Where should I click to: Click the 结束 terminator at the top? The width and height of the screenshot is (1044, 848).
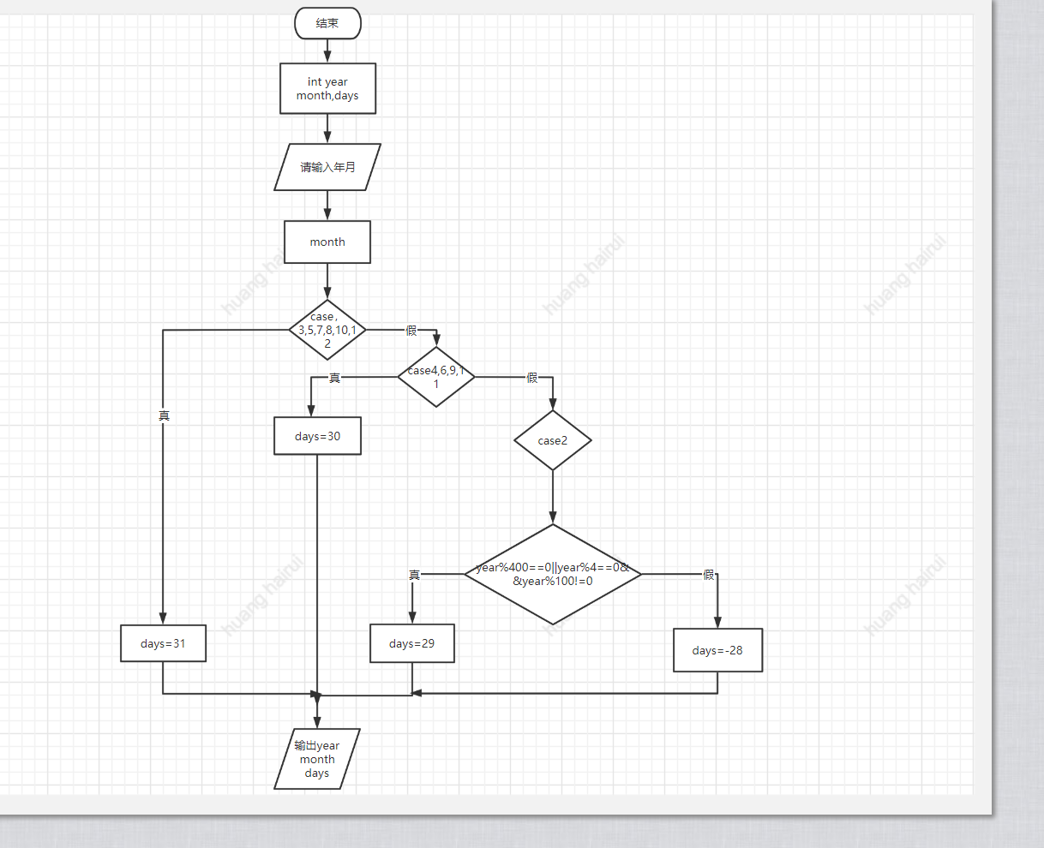tap(327, 23)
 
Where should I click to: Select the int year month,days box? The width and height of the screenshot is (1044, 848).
tap(327, 88)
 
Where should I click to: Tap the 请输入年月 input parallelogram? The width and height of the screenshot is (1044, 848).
tap(327, 167)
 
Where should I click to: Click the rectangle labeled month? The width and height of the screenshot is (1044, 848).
tap(327, 242)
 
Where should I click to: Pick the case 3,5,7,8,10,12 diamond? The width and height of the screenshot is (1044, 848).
tap(327, 330)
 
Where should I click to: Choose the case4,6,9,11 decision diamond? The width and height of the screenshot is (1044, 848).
tap(436, 377)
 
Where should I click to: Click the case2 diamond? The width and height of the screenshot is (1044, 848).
tap(553, 440)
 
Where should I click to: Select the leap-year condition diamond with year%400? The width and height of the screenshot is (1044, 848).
tap(553, 574)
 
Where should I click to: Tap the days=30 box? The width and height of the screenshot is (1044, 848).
tap(317, 436)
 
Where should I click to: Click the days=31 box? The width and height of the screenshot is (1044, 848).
tap(163, 643)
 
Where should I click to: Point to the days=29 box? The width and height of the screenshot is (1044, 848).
tap(412, 643)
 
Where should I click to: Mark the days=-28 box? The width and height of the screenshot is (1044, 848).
tap(717, 650)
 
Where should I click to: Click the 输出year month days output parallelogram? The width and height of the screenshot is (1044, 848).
tap(317, 759)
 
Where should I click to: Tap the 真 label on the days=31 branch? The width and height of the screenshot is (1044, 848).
tap(164, 415)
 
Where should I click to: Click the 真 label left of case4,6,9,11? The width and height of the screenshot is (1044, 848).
tap(334, 378)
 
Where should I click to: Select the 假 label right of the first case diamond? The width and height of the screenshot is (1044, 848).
tap(411, 331)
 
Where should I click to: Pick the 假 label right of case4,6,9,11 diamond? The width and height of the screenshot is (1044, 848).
tap(532, 378)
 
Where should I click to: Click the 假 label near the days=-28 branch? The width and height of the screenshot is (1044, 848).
tap(709, 575)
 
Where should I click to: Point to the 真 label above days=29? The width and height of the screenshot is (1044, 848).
tap(414, 575)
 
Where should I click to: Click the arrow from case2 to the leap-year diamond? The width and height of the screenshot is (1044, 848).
tap(553, 497)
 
